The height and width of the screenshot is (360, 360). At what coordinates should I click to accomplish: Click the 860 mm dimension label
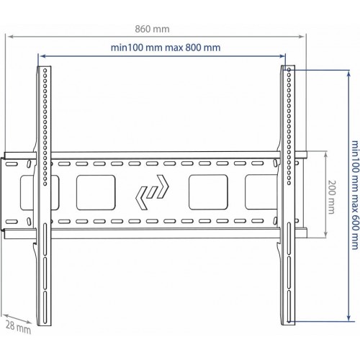click(x=152, y=29)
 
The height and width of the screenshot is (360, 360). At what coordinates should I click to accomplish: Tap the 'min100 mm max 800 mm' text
click(x=166, y=48)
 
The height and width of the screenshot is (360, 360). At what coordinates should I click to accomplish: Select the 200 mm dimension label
click(x=331, y=197)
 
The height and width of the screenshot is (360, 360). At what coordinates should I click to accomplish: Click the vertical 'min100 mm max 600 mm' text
click(x=356, y=195)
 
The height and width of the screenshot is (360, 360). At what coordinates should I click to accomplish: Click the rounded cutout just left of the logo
click(x=96, y=192)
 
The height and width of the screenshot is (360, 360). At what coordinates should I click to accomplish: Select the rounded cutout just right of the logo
click(x=208, y=192)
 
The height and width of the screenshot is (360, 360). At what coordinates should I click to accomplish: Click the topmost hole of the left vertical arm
click(x=45, y=71)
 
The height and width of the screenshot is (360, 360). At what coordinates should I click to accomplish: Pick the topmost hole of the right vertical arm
click(x=289, y=70)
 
